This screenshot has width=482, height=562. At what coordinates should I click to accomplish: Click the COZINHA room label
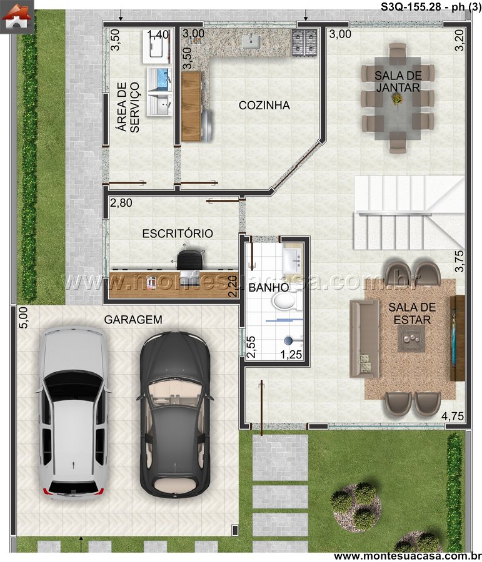click(x=264, y=106)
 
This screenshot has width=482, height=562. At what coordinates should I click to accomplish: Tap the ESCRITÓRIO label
click(x=178, y=234)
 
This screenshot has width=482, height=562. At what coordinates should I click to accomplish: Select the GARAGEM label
click(x=133, y=319)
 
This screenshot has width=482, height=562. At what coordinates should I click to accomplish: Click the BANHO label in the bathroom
click(x=269, y=287)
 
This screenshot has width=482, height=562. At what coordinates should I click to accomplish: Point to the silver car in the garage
click(x=74, y=413)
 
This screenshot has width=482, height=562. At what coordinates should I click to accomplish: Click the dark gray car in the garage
click(x=175, y=414)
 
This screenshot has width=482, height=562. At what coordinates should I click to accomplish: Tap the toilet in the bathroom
click(x=286, y=300)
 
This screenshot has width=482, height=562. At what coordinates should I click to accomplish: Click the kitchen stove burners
click(x=304, y=42)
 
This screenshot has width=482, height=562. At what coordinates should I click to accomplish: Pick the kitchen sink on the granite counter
click(x=251, y=41)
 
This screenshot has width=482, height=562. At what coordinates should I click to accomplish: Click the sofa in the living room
click(x=364, y=338)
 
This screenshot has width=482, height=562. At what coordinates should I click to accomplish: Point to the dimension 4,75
click(x=452, y=417)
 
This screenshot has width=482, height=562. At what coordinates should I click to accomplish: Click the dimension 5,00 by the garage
click(x=23, y=318)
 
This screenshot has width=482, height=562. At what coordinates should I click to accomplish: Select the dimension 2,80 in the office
click(x=121, y=203)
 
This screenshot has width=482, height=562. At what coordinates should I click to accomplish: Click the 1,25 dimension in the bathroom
click(x=291, y=355)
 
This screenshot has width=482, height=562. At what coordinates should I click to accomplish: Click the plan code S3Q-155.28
click(x=410, y=7)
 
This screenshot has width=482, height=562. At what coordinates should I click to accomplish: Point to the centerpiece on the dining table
click(x=397, y=99)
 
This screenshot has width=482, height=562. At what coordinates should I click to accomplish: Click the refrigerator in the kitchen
click(x=206, y=124)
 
